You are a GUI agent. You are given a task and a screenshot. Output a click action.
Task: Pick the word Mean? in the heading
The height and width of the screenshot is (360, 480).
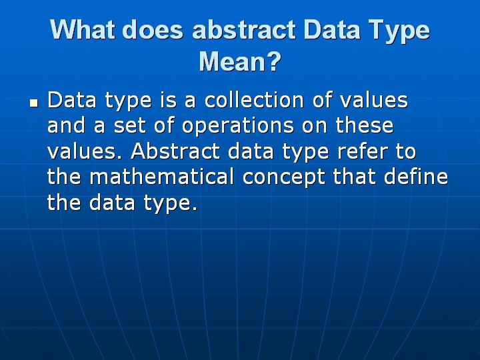point(240,63)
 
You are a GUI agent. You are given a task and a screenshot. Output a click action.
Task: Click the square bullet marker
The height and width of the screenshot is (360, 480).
point(33,104)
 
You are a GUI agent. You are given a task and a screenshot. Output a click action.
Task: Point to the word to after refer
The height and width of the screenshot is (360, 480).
point(405,151)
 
